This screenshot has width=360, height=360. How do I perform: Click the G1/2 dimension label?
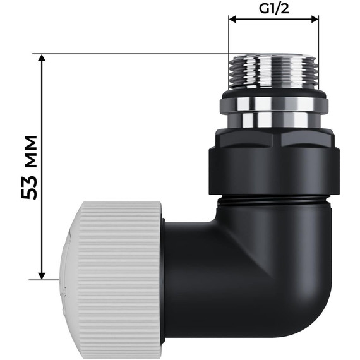[273, 9]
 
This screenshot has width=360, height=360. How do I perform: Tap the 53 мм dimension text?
[29, 167]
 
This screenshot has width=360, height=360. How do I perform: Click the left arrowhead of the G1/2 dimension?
[232, 20]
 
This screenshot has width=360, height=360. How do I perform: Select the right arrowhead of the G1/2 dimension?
[315, 20]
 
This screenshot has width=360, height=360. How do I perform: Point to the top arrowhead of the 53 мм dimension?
[42, 58]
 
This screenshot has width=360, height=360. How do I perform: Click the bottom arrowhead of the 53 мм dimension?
[42, 276]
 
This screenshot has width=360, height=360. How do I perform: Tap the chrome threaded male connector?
[273, 71]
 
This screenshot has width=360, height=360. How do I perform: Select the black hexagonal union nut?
[274, 162]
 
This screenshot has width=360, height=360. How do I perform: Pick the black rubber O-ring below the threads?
[274, 94]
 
